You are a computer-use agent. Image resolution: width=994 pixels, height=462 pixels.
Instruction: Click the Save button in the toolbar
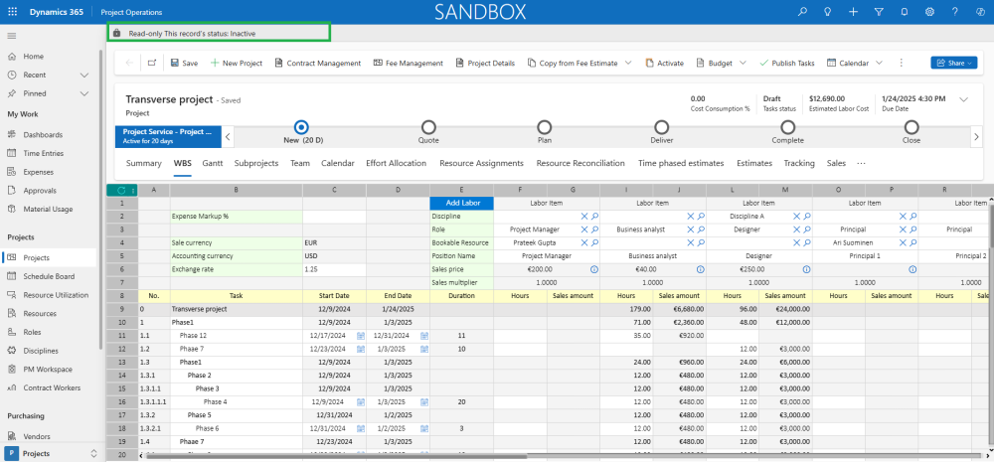tap(184, 63)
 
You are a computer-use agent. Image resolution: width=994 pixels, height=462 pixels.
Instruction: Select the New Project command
tap(236, 63)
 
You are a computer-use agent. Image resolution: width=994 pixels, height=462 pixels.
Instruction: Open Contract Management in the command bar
tap(316, 63)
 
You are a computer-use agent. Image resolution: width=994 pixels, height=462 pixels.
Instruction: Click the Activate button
tap(664, 63)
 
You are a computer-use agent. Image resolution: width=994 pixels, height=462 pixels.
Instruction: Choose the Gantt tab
tap(212, 163)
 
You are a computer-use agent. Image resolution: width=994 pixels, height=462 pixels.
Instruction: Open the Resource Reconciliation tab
tap(580, 163)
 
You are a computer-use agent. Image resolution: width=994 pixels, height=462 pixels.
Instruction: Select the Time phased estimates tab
tap(681, 163)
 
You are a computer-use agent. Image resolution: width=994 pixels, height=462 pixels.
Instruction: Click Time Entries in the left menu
tap(43, 153)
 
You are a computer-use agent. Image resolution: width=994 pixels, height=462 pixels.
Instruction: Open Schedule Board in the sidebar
tap(49, 276)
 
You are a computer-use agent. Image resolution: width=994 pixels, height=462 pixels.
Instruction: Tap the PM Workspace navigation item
tap(48, 369)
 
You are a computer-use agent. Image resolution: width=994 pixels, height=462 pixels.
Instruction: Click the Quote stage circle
tap(428, 127)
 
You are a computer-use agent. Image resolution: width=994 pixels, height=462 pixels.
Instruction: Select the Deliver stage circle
tap(662, 127)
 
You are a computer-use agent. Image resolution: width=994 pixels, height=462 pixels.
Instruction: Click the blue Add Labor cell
tap(461, 203)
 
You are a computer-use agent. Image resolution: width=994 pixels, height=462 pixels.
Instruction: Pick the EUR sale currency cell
tap(334, 241)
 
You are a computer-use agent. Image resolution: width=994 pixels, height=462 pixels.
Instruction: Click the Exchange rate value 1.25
tap(334, 269)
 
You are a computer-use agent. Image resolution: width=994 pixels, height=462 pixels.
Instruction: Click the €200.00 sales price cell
tap(540, 269)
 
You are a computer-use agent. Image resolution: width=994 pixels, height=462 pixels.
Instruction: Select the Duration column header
tap(461, 295)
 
